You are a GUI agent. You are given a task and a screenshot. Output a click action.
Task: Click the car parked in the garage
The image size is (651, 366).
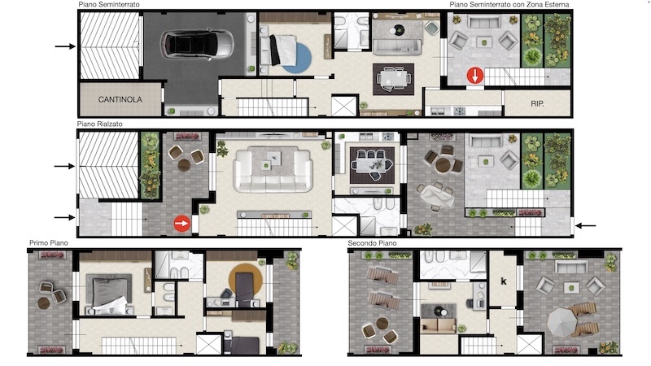[198, 45]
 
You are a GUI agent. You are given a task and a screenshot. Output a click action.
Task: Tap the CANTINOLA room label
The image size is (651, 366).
[120, 99]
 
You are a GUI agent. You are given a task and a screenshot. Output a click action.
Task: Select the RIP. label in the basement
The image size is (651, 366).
[537, 103]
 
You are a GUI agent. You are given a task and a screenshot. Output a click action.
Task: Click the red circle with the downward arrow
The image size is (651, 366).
[475, 76]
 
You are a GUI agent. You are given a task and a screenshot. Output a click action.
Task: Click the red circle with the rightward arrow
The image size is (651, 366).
[181, 223]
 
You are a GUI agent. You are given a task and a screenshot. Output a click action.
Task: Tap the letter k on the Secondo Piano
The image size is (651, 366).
[504, 281]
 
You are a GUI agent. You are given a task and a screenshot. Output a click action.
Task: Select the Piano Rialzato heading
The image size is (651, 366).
[99, 124]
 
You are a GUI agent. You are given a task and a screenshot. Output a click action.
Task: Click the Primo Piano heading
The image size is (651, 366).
[49, 242]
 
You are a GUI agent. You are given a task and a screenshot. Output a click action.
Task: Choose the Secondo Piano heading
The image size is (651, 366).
[372, 242]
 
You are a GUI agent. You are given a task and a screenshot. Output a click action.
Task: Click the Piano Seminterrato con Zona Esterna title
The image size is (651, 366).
[509, 4]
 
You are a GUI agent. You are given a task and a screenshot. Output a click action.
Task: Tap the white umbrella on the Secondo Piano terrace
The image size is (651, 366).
[561, 322]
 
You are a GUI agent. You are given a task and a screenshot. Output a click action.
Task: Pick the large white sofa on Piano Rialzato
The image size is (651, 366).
[273, 171]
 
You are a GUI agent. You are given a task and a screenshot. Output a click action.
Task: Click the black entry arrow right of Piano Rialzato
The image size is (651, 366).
[585, 226]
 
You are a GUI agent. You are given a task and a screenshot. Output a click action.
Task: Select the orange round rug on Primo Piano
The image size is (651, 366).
[246, 280]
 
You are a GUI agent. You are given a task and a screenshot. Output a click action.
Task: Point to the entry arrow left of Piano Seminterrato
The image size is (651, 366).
[65, 46]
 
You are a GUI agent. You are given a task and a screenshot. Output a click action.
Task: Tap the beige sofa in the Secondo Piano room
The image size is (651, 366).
[439, 326]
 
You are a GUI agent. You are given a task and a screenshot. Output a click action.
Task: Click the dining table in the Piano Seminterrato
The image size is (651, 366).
[393, 78]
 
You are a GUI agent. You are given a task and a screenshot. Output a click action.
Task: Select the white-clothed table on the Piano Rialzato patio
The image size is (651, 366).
[436, 196]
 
